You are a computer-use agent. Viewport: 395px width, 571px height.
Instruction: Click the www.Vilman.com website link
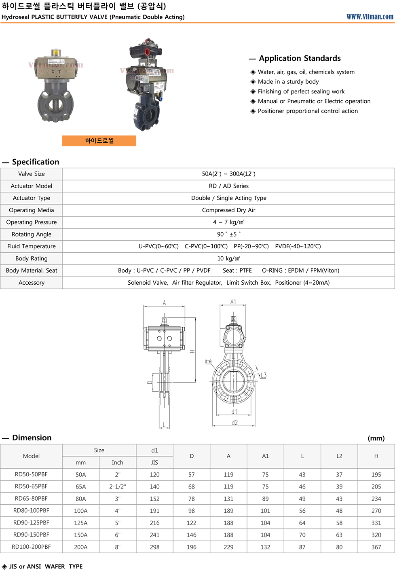pos(370,17)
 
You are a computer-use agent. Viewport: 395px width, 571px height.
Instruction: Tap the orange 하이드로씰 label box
pos(99,141)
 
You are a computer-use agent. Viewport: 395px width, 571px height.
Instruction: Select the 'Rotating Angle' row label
pos(32,234)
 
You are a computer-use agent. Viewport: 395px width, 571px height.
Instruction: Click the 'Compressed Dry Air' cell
pos(228,210)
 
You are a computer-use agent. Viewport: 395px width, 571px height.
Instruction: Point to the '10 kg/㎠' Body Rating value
pos(228,258)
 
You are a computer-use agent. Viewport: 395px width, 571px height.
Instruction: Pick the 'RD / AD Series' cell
pos(228,186)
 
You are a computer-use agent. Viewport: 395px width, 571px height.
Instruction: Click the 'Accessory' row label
pos(32,283)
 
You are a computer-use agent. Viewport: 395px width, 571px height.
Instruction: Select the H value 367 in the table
pos(376,547)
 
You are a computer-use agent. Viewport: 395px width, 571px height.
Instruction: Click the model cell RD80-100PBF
pos(32,511)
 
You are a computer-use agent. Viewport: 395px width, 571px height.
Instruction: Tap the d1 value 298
pos(154,547)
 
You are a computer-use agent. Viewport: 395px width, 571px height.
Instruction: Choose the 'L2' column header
pos(339,456)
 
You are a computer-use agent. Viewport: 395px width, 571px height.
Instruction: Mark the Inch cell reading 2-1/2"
pos(117,486)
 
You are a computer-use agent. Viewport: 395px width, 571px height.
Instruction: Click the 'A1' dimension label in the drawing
pos(233,302)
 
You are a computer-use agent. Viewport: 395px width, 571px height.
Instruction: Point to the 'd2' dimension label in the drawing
pos(234,423)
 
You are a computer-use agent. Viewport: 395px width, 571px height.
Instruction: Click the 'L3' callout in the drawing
pos(263,375)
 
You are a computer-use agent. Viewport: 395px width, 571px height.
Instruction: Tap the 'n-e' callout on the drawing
pos(208,361)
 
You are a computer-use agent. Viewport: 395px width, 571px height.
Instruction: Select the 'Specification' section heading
pos(36,162)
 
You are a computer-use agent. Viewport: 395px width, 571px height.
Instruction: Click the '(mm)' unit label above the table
pos(376,438)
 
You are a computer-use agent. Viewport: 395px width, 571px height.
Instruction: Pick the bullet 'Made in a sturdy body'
pos(288,82)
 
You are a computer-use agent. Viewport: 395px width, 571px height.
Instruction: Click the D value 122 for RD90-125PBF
pos(192,523)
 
